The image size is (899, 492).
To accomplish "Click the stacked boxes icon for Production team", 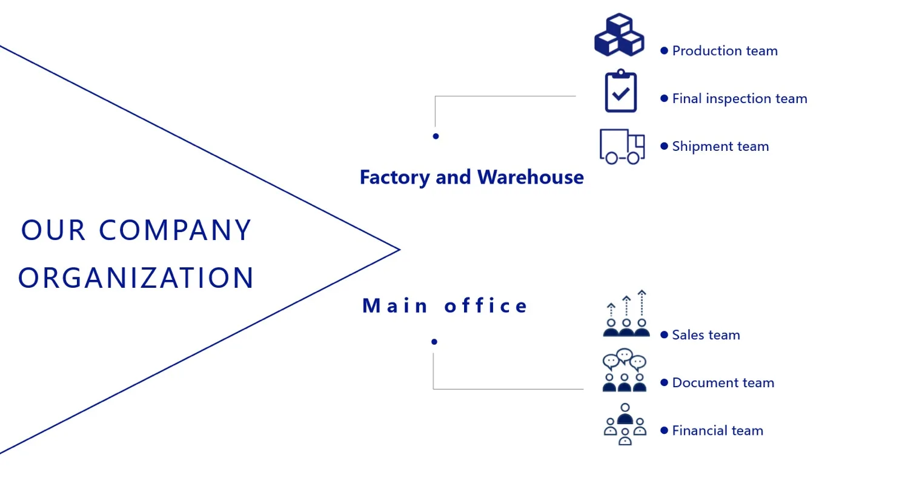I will pyautogui.click(x=619, y=35).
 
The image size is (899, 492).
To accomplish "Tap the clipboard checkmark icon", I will pyautogui.click(x=621, y=91).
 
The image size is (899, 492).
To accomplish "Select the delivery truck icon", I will pyautogui.click(x=622, y=146).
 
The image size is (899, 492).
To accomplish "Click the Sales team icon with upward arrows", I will pyautogui.click(x=626, y=314).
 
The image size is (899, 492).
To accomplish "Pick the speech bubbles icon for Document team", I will pyautogui.click(x=625, y=370).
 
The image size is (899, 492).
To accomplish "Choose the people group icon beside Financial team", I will pyautogui.click(x=625, y=424).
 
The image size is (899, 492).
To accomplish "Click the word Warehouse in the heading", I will pyautogui.click(x=530, y=178).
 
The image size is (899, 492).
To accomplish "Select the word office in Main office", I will pyautogui.click(x=486, y=306).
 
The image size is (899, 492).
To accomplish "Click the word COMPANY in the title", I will pyautogui.click(x=175, y=231).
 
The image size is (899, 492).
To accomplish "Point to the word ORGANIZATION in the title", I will pyautogui.click(x=136, y=278).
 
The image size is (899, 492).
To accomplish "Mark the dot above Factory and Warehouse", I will pyautogui.click(x=436, y=136).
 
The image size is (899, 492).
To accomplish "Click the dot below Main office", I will pyautogui.click(x=434, y=342).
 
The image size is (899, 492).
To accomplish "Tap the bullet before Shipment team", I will pyautogui.click(x=664, y=147).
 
